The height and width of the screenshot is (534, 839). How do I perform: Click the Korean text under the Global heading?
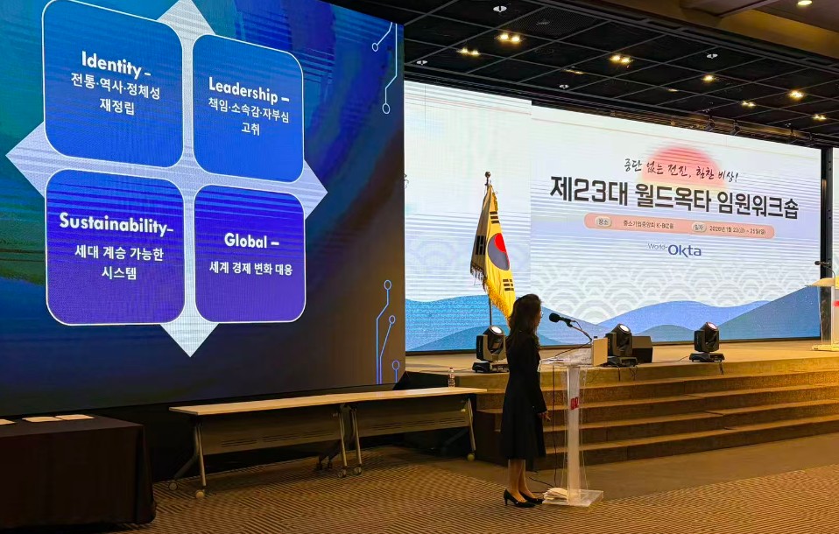tap(250, 268)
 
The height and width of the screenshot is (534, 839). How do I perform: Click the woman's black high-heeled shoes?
tap(520, 499)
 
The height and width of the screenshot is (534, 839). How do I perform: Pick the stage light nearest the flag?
tap(490, 347)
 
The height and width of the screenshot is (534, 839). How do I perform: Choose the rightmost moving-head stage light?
tap(706, 341)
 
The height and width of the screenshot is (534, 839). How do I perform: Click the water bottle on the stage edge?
tap(451, 377)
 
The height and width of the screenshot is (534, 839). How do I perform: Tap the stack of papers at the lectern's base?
tap(557, 495)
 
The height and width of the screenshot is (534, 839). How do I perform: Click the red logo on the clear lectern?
tap(575, 402)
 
